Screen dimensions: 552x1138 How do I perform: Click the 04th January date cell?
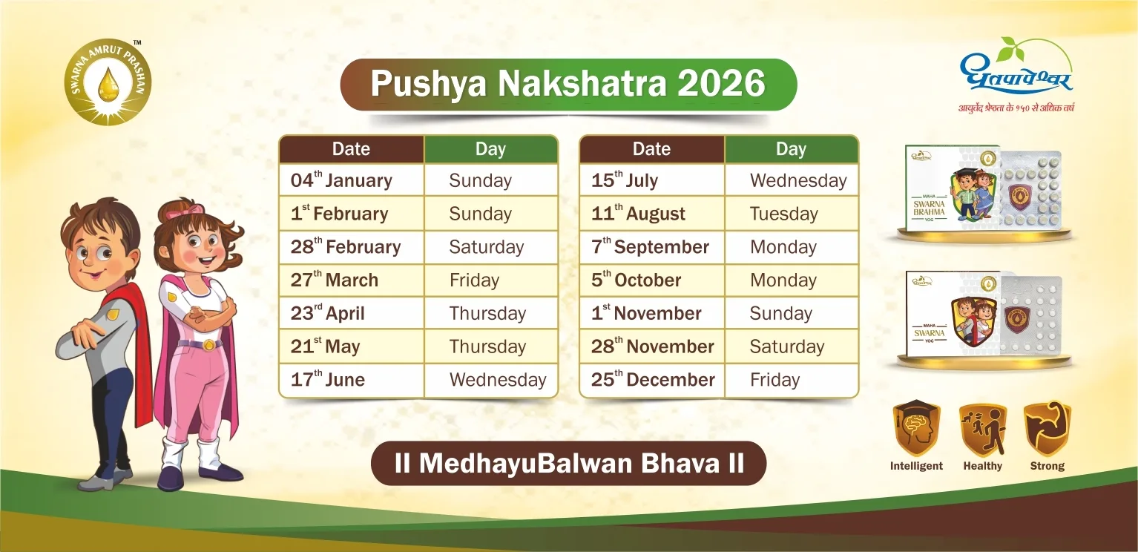[x=351, y=180]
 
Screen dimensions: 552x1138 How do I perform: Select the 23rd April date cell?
[x=351, y=313]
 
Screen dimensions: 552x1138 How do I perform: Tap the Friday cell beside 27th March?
[x=490, y=280]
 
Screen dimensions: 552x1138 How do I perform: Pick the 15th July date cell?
[x=651, y=180]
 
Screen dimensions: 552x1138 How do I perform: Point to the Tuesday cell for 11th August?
[x=791, y=214]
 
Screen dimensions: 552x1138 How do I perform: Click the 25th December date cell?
[x=651, y=380]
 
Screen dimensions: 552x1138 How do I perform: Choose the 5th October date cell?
[x=651, y=280]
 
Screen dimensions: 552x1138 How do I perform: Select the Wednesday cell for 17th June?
[x=490, y=380]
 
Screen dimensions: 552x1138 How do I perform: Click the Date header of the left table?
[x=351, y=149]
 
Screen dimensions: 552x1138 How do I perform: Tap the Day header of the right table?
[x=791, y=149]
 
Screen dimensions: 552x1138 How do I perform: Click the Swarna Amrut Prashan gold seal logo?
[x=108, y=82]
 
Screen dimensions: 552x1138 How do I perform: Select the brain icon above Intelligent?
[x=916, y=429]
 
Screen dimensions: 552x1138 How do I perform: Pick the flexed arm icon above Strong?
[x=1047, y=429]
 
